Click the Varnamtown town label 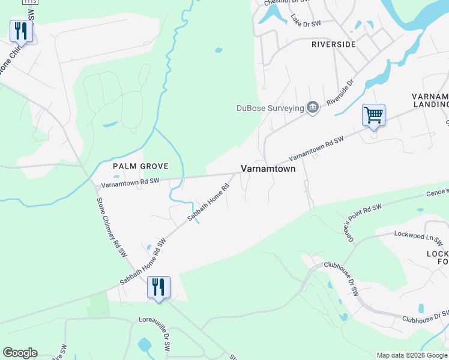pos(268,169)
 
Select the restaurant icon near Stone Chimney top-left pos(21,31)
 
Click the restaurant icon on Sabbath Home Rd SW pos(158,286)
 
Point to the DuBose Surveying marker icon pos(312,108)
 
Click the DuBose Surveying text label pos(270,109)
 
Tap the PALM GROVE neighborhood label pos(140,166)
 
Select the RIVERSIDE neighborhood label pos(333,44)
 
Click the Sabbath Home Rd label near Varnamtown pos(209,204)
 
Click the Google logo pos(20,353)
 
